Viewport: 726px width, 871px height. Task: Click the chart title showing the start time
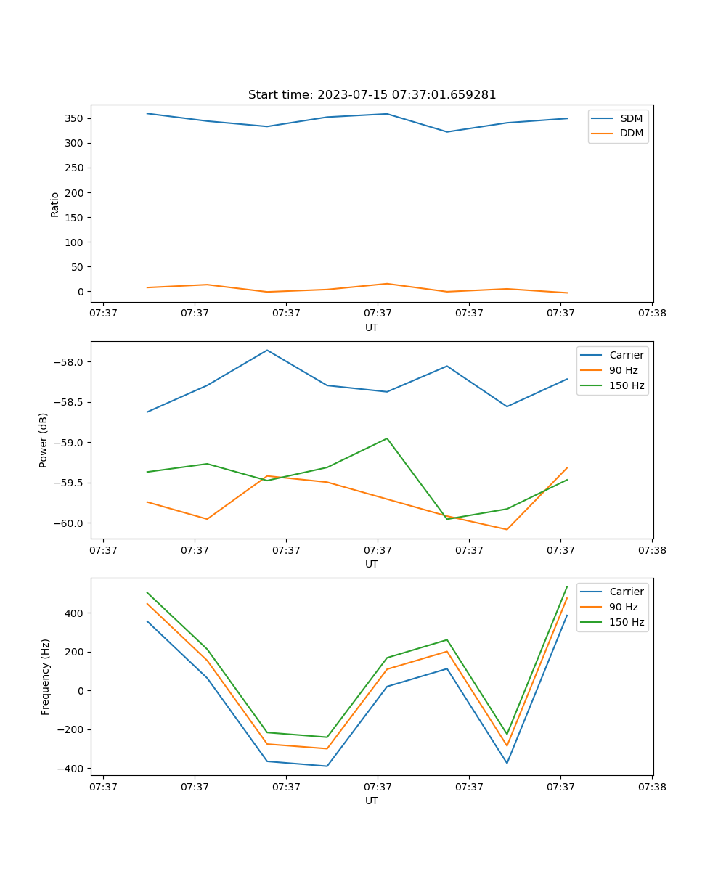(372, 95)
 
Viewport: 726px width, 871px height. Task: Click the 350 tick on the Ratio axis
(75, 118)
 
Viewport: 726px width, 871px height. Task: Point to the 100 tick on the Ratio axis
(75, 242)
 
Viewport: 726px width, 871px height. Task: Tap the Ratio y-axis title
(55, 204)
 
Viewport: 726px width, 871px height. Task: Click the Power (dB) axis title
(44, 440)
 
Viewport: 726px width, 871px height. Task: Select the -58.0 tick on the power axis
(70, 362)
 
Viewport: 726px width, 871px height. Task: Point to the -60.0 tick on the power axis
(70, 523)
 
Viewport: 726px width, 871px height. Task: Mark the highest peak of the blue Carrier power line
(267, 350)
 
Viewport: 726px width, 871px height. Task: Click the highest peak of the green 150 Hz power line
(387, 438)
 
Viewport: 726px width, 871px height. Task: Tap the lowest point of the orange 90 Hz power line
(507, 529)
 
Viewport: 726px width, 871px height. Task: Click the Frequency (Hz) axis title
(46, 676)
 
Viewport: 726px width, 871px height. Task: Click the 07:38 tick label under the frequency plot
(651, 786)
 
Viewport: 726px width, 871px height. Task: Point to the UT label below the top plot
(372, 327)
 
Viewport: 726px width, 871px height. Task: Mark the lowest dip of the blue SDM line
(447, 132)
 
